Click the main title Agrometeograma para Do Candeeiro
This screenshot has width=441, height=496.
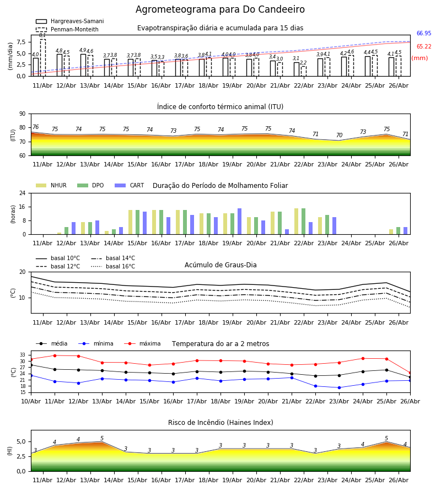click(220, 9)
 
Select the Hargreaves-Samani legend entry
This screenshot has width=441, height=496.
click(69, 21)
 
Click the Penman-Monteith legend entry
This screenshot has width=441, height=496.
click(67, 29)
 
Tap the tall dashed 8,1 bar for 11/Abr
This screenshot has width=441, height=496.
click(42, 57)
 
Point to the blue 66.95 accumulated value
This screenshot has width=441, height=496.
click(424, 33)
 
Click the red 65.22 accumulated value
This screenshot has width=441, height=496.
click(424, 46)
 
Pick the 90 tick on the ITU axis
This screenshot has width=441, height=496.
click(23, 114)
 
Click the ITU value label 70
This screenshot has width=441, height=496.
click(339, 135)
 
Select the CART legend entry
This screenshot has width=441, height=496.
click(129, 185)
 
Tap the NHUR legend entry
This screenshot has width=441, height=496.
click(51, 185)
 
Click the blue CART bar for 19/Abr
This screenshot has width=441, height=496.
click(239, 222)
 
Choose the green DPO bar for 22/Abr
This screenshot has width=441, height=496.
click(303, 222)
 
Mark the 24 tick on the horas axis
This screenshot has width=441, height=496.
click(23, 193)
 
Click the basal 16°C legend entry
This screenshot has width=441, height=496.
click(113, 266)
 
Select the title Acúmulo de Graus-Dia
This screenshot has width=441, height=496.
click(220, 265)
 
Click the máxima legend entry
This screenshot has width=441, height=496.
click(142, 343)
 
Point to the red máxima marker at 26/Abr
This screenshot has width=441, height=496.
click(410, 373)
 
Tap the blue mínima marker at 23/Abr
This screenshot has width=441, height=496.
click(339, 387)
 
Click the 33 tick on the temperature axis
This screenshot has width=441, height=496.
click(23, 355)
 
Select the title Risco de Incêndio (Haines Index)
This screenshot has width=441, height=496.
click(220, 422)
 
